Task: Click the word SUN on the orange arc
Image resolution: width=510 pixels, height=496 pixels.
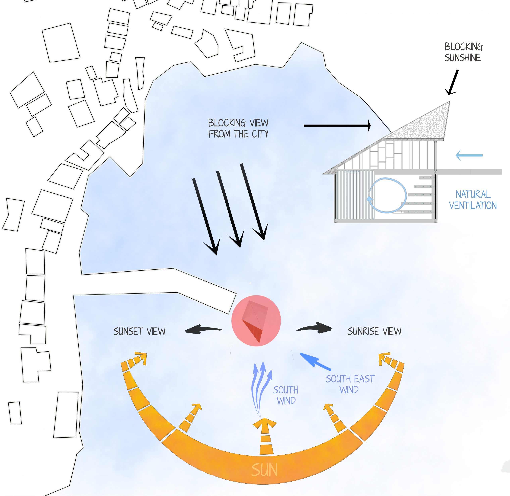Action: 264,470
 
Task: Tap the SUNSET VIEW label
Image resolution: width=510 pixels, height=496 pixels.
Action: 139,331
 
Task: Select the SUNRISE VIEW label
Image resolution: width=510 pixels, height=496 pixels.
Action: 374,331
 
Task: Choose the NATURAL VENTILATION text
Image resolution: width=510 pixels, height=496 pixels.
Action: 473,200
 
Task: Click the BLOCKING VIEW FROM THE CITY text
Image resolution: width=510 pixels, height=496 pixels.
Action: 238,128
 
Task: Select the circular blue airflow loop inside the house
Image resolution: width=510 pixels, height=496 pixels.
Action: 388,195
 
